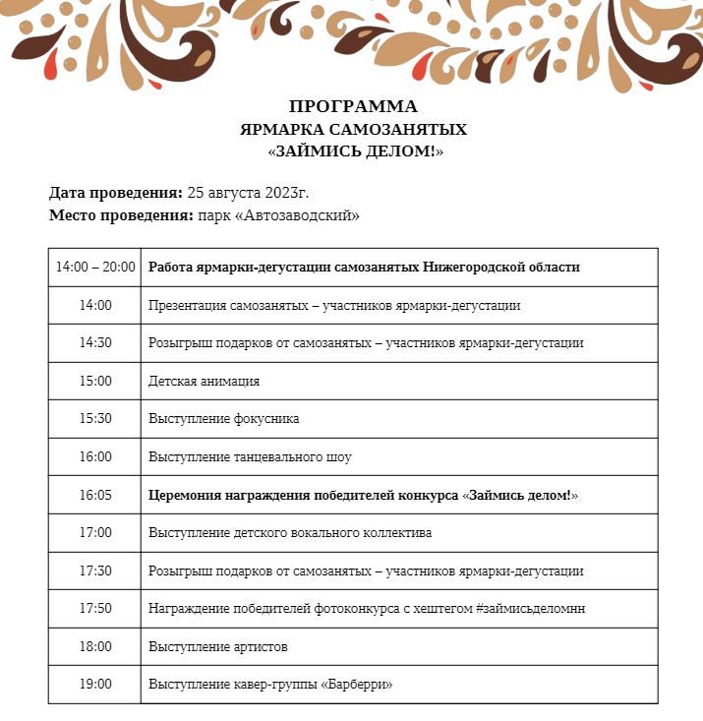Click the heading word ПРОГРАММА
click(x=353, y=106)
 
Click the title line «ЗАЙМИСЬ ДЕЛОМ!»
click(x=355, y=151)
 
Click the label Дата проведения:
click(x=116, y=193)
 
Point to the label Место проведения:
click(x=121, y=215)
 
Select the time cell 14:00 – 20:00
click(x=95, y=267)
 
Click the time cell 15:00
click(x=95, y=381)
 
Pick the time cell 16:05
click(x=95, y=495)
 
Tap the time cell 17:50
click(x=95, y=609)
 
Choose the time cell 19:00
click(x=95, y=684)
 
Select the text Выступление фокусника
click(x=224, y=418)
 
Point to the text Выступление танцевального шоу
click(x=250, y=456)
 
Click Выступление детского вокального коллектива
click(x=290, y=532)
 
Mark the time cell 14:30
click(x=95, y=342)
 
